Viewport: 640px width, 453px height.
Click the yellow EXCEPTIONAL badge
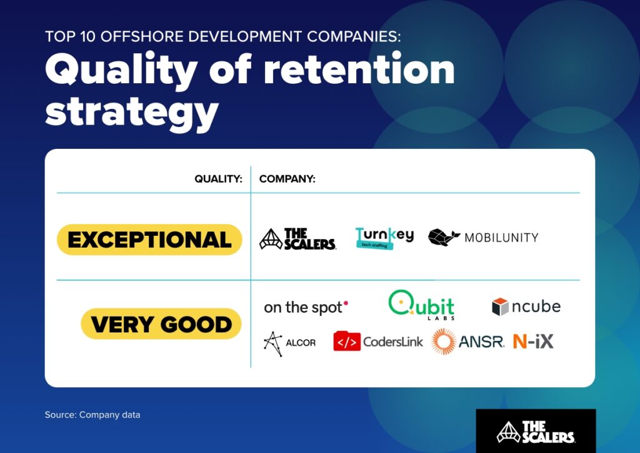[149, 240]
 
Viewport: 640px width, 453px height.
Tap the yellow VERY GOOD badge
[161, 324]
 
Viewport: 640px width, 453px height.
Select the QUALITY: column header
[218, 179]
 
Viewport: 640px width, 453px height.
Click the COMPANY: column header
[287, 179]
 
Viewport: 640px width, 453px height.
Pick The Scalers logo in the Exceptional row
[297, 239]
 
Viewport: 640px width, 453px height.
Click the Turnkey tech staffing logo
[384, 238]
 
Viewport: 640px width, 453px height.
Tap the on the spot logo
[306, 307]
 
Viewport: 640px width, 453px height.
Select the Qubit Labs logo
[421, 305]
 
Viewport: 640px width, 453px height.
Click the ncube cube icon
[500, 307]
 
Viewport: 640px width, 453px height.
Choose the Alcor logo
[289, 343]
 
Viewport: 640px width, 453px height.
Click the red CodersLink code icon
[346, 342]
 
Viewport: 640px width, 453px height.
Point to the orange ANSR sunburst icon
[444, 342]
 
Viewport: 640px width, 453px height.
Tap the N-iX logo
[533, 342]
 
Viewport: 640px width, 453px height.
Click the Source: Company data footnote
[92, 415]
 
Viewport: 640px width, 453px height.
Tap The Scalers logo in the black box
[536, 431]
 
